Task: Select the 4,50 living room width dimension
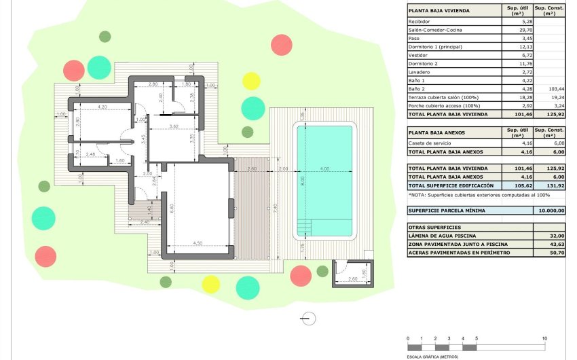click(x=197, y=242)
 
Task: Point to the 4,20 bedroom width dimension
click(x=103, y=107)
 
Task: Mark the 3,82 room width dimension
click(x=174, y=126)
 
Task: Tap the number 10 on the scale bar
click(x=544, y=338)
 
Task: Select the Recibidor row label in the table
click(x=420, y=22)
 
